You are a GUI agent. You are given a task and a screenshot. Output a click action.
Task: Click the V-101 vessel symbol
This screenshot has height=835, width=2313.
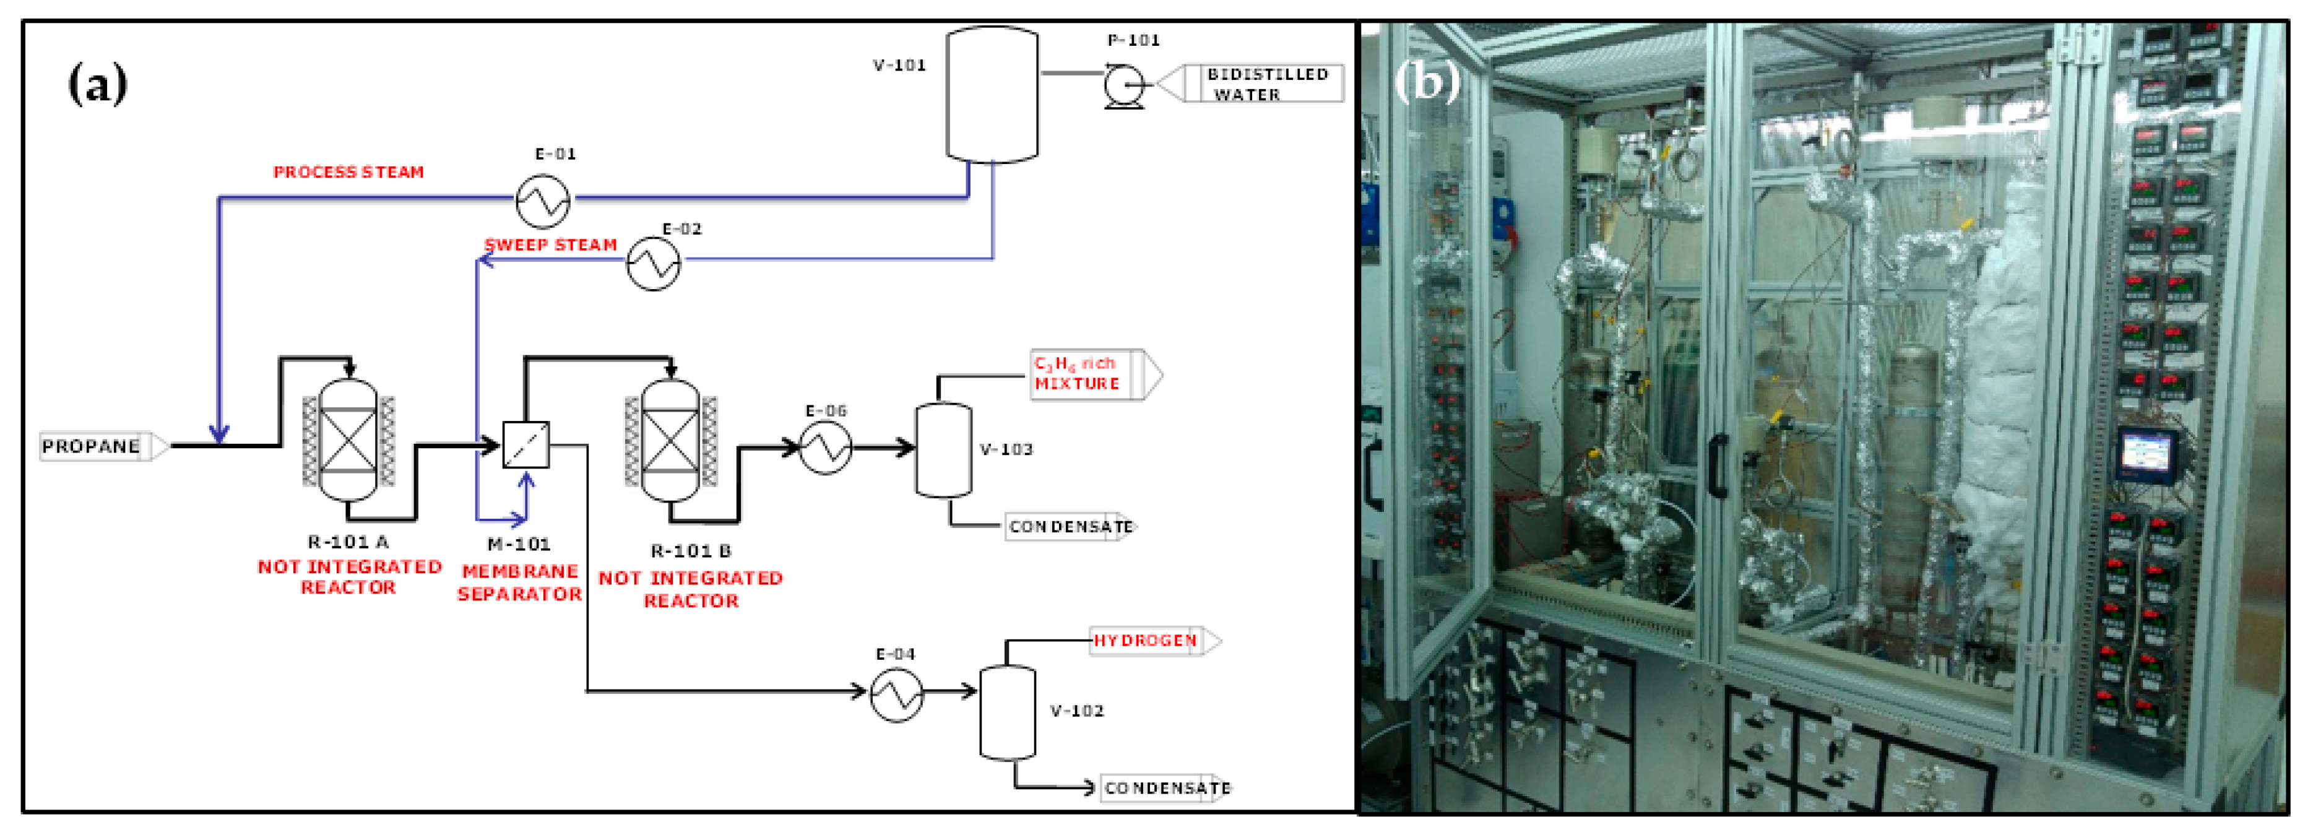click(x=992, y=94)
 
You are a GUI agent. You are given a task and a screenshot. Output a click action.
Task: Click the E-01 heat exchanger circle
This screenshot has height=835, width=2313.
click(x=542, y=201)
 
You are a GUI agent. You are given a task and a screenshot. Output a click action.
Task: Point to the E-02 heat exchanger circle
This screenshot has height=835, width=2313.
click(x=653, y=263)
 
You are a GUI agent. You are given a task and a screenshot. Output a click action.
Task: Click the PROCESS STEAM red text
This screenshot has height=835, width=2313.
click(x=348, y=171)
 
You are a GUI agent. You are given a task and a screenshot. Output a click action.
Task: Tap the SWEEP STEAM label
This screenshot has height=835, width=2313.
click(x=550, y=245)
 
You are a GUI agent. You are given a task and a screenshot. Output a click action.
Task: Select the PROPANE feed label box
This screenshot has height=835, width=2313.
click(x=93, y=446)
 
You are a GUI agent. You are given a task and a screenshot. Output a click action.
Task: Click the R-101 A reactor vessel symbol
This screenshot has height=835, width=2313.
click(x=348, y=440)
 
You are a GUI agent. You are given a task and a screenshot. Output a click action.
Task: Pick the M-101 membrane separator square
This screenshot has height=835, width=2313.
click(x=525, y=444)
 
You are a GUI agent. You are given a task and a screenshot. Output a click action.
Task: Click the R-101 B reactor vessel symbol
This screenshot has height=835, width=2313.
click(x=671, y=441)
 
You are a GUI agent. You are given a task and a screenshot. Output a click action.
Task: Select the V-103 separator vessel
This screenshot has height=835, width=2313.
click(x=943, y=449)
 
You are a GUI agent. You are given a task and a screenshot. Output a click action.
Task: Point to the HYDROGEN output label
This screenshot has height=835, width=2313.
click(x=1146, y=640)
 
